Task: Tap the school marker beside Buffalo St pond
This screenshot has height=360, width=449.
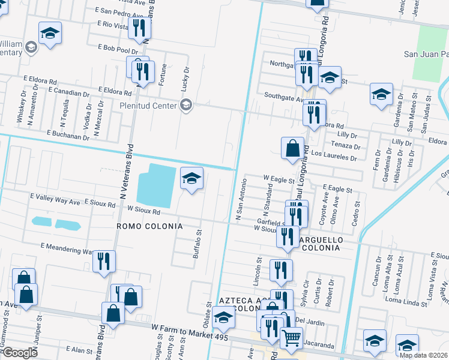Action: pos(191,179)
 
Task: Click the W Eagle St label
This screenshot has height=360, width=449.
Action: pos(279,179)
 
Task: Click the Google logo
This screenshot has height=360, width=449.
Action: pos(19,353)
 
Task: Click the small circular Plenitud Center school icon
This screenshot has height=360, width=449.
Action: pos(186,106)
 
